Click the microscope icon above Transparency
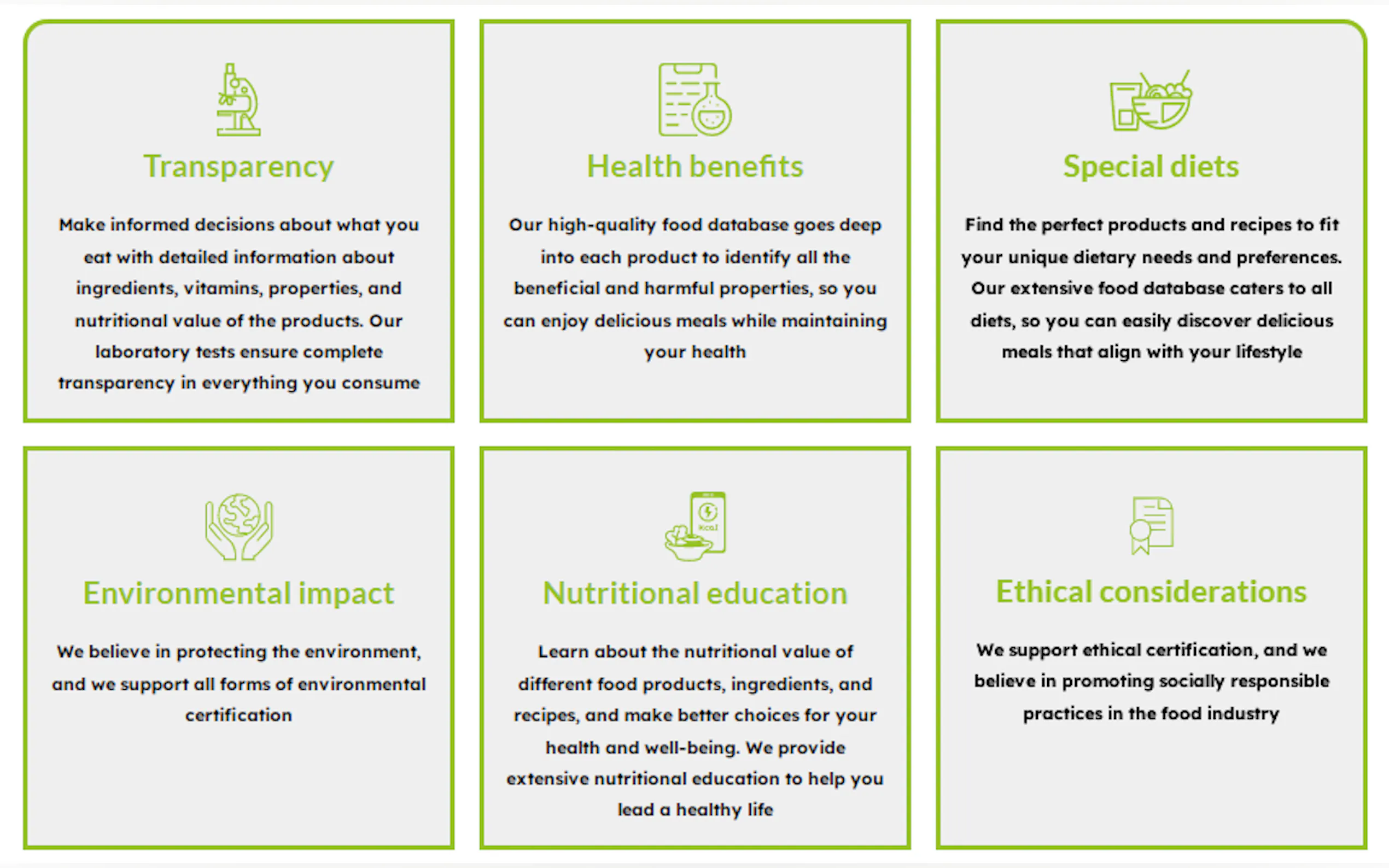tap(238, 100)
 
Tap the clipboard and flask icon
tap(695, 99)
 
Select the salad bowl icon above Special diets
tap(1151, 101)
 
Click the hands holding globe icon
tap(239, 526)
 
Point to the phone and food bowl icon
tap(695, 526)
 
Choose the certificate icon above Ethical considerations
tap(1151, 525)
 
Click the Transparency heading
tap(238, 167)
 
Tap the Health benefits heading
tap(695, 167)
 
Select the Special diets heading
tap(1151, 167)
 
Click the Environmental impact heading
tap(238, 594)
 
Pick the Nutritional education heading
tap(695, 593)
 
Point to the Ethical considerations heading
tap(1151, 591)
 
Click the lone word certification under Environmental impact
tap(238, 715)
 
